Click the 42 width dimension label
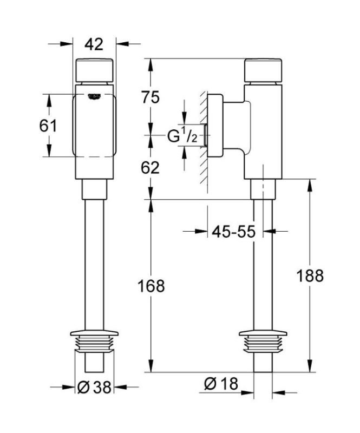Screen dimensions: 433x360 (x=95, y=44)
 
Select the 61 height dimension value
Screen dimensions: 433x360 (x=49, y=126)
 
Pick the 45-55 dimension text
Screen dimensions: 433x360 (x=232, y=232)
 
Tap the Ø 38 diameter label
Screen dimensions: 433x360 (x=95, y=387)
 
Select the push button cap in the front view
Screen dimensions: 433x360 (x=95, y=70)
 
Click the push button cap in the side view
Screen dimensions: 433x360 (x=263, y=70)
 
